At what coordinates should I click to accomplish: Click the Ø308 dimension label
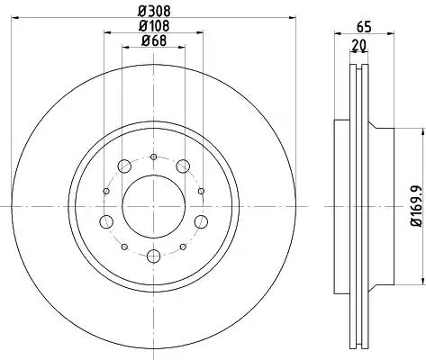pos(154,12)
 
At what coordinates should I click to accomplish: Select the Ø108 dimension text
pos(154,26)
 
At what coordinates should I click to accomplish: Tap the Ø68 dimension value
pos(154,40)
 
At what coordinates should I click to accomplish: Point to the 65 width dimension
pos(364,27)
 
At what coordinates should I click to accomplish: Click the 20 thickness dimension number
pos(359,45)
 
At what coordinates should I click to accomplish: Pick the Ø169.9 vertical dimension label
pos(418,206)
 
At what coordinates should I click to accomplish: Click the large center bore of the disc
pos(154,207)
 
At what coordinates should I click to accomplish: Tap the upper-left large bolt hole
pos(124,166)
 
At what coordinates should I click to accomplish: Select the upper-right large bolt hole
pos(183,166)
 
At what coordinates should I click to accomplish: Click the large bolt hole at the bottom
pos(154,256)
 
